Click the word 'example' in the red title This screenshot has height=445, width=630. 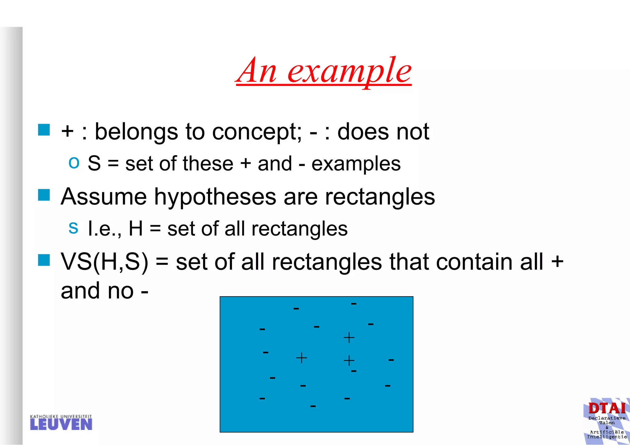tap(349, 71)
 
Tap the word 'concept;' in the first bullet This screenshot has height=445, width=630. tap(257, 132)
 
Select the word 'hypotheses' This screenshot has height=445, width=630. tap(215, 197)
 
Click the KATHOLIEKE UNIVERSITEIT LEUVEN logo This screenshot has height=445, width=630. tap(61, 423)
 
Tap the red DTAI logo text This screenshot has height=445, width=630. tap(607, 408)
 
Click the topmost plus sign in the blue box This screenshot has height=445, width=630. tap(349, 338)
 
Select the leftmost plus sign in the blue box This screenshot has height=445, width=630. tap(301, 358)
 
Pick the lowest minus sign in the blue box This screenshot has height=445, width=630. tap(313, 407)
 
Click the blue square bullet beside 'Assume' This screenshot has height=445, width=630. tap(44, 195)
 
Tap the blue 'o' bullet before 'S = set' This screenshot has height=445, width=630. tap(74, 162)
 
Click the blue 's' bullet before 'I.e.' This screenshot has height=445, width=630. tap(73, 228)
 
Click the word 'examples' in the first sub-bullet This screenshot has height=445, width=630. tap(356, 164)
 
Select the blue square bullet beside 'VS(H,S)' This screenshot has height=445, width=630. tap(44, 260)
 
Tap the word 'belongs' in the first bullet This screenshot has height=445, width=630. tap(136, 132)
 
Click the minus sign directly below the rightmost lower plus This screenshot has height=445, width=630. tap(354, 371)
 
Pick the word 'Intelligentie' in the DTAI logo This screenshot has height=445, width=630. tap(607, 437)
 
